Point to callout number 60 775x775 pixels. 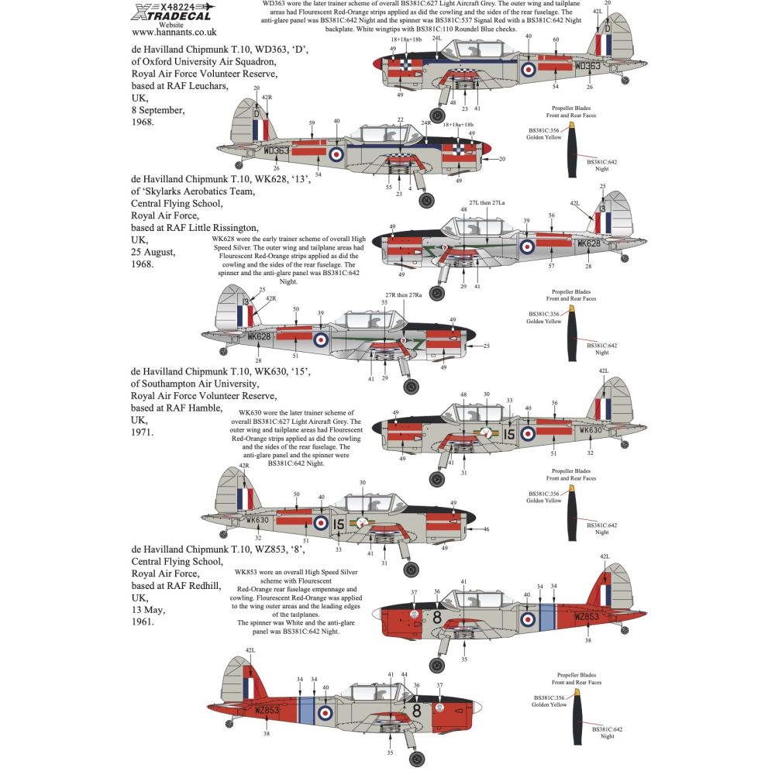pyautogui.click(x=556, y=39)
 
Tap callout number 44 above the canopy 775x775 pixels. pyautogui.click(x=404, y=674)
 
